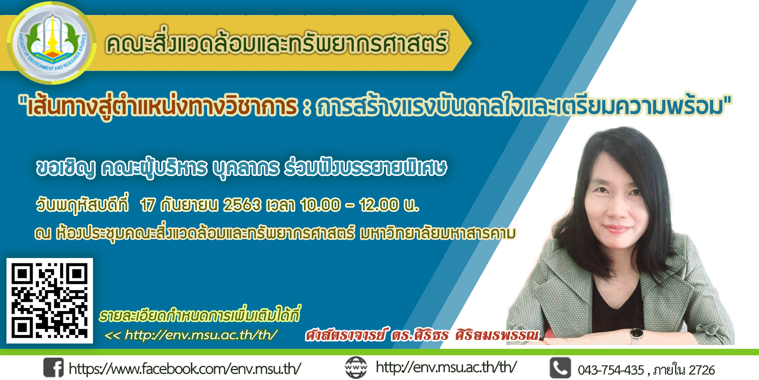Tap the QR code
click(x=50, y=301)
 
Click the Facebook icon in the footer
click(x=53, y=367)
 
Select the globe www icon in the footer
click(x=356, y=367)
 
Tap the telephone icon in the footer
click(x=560, y=368)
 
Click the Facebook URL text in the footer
click(x=185, y=369)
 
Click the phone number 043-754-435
click(x=611, y=370)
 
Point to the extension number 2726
click(x=702, y=370)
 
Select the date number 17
click(x=148, y=205)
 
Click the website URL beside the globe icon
click(x=446, y=367)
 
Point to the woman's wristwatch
click(x=636, y=336)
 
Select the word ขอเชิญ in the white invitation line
click(x=66, y=168)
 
